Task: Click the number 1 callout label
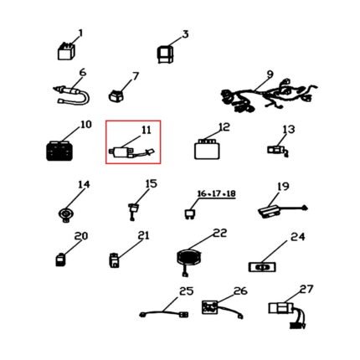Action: (x=80, y=33)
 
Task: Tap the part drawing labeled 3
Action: (x=166, y=54)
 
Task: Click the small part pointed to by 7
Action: (x=116, y=95)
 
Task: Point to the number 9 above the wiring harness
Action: (x=270, y=75)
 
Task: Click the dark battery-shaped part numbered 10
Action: (x=59, y=151)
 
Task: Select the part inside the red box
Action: (x=131, y=152)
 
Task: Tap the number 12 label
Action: (x=224, y=127)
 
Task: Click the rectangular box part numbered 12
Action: (x=207, y=149)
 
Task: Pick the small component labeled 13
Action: (x=278, y=151)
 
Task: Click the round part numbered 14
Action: (x=66, y=215)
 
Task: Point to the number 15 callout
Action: (x=152, y=184)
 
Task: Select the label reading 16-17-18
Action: (x=217, y=193)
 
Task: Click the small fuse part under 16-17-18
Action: (x=189, y=214)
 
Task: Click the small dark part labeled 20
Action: (x=60, y=260)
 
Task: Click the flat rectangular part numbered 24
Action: (x=262, y=267)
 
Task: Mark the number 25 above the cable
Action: (x=186, y=291)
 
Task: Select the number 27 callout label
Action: (x=306, y=290)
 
